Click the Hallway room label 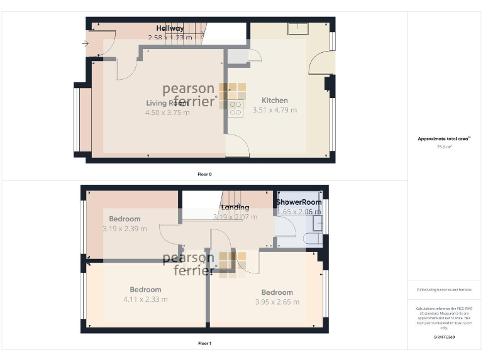point(170,28)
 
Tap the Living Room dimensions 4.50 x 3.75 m point(171,112)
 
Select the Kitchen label point(275,101)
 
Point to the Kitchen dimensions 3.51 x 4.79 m point(275,110)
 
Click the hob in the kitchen point(236,108)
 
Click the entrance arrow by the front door point(85,43)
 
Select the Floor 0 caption point(204,173)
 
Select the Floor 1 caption point(204,343)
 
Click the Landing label point(235,207)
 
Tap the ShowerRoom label point(299,202)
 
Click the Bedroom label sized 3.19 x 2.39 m point(125,219)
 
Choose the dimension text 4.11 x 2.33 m point(146,299)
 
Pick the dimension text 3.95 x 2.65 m point(277,302)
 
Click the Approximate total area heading point(444,139)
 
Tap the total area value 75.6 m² point(444,147)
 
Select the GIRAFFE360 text point(444,337)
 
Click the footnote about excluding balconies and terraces point(444,289)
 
